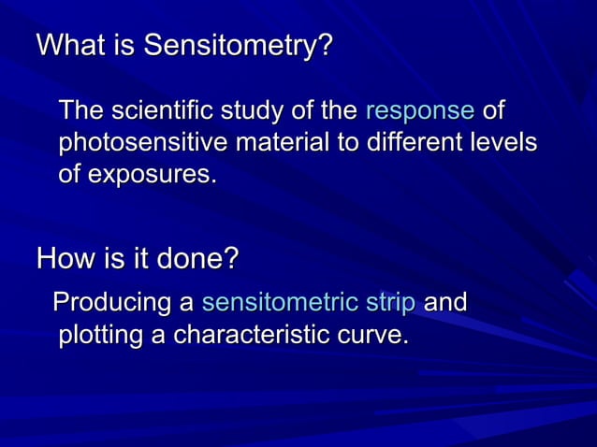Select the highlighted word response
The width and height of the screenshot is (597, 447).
click(x=419, y=112)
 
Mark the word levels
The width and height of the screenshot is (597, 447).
click(x=500, y=144)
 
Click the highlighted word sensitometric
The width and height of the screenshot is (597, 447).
click(x=279, y=303)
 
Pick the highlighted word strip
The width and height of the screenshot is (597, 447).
click(x=392, y=303)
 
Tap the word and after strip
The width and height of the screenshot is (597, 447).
click(x=445, y=303)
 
